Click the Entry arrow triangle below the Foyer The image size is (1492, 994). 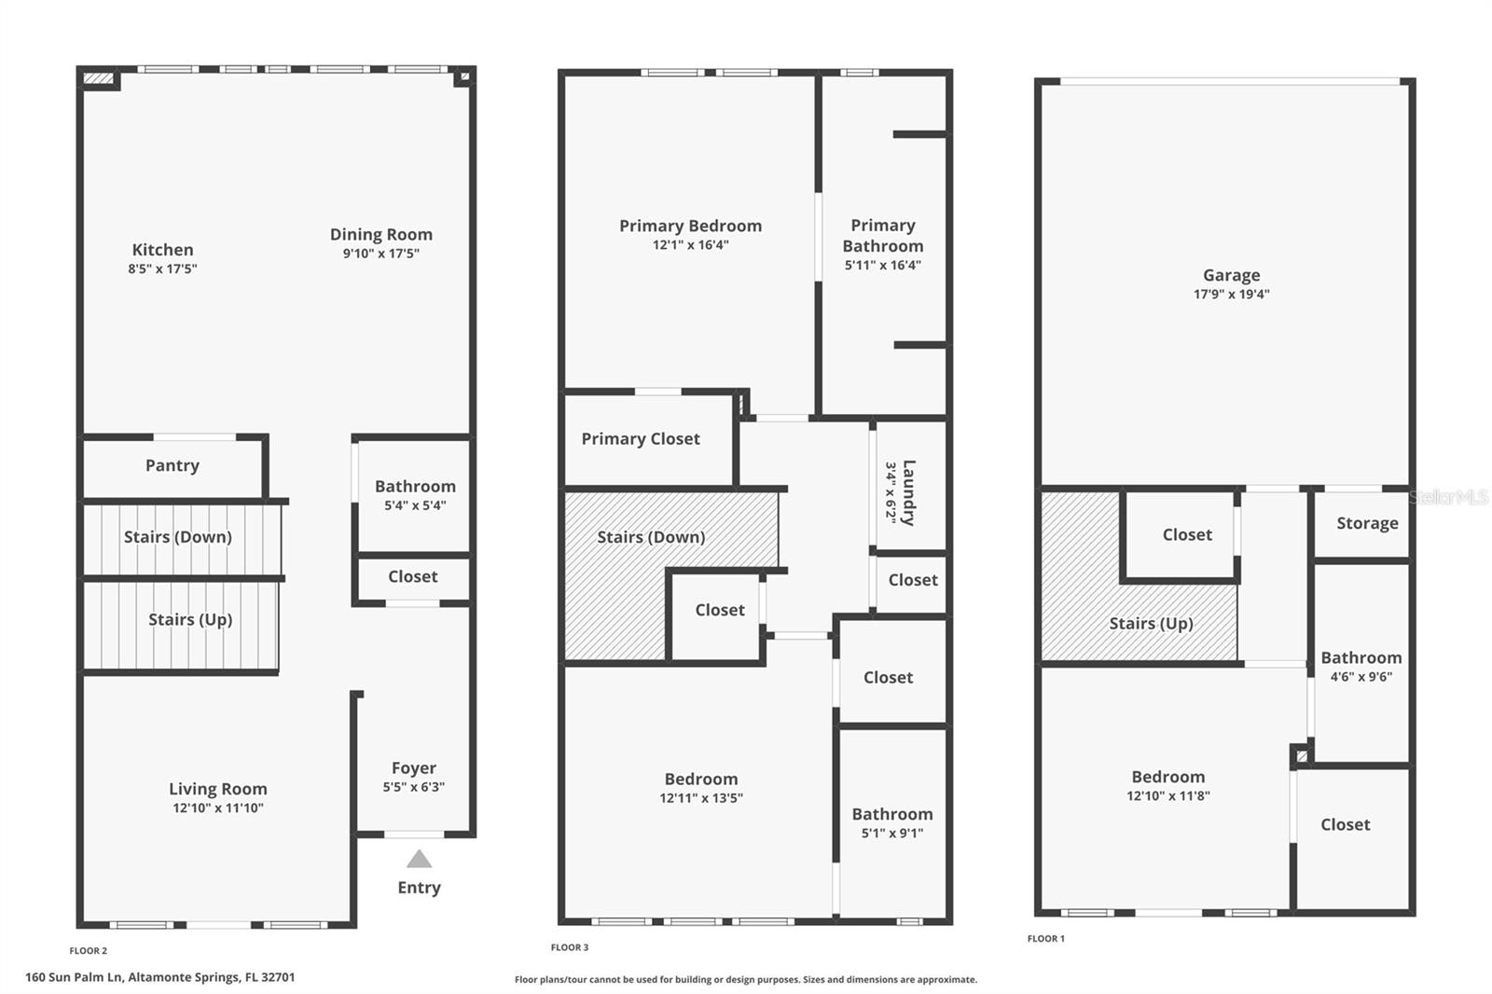pyautogui.click(x=419, y=859)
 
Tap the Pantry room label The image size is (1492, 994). pyautogui.click(x=173, y=465)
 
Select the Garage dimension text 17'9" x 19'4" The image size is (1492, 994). pyautogui.click(x=1231, y=294)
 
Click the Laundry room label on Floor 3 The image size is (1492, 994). pyautogui.click(x=907, y=491)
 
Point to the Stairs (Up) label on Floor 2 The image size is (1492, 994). pyautogui.click(x=190, y=619)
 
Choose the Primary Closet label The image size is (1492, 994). pyautogui.click(x=641, y=438)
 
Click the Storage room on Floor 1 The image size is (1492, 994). pyautogui.click(x=1366, y=523)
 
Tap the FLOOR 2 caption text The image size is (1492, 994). pyautogui.click(x=89, y=951)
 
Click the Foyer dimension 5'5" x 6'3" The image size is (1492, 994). pyautogui.click(x=413, y=787)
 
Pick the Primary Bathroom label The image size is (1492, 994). pyautogui.click(x=882, y=235)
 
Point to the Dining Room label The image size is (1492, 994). pyautogui.click(x=380, y=234)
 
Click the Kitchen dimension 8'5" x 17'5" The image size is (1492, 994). pyautogui.click(x=162, y=269)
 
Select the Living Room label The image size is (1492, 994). pyautogui.click(x=217, y=789)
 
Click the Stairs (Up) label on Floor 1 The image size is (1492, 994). pyautogui.click(x=1151, y=623)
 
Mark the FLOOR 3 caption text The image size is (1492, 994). pyautogui.click(x=570, y=947)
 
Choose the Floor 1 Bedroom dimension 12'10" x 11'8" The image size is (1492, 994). pyautogui.click(x=1167, y=795)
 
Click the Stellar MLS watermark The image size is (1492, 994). pyautogui.click(x=1448, y=498)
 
